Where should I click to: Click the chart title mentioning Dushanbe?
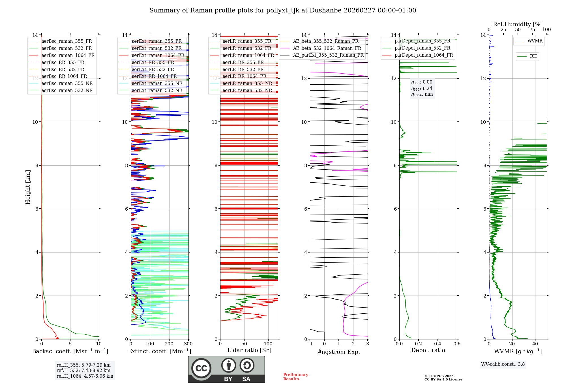[x=283, y=10]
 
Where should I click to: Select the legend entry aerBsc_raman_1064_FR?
[x=68, y=55]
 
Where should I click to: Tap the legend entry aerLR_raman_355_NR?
[x=247, y=83]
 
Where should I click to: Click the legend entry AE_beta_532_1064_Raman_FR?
[x=327, y=48]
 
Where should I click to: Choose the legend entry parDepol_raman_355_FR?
[x=422, y=41]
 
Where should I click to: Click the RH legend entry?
[x=533, y=56]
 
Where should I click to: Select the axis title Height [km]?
[x=28, y=187]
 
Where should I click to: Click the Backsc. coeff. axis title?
[x=70, y=351]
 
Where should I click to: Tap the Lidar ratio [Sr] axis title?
[x=249, y=350]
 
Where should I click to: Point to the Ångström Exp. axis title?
[x=339, y=352]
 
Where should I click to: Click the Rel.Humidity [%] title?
[x=518, y=24]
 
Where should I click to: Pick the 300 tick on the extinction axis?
[x=188, y=344]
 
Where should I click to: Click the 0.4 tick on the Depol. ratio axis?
[x=438, y=344]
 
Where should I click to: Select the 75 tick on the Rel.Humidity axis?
[x=532, y=29]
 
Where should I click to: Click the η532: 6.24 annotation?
[x=422, y=88]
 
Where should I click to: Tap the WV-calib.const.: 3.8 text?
[x=503, y=364]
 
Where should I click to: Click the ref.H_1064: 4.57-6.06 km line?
[x=85, y=376]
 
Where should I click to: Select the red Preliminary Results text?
[x=295, y=377]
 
